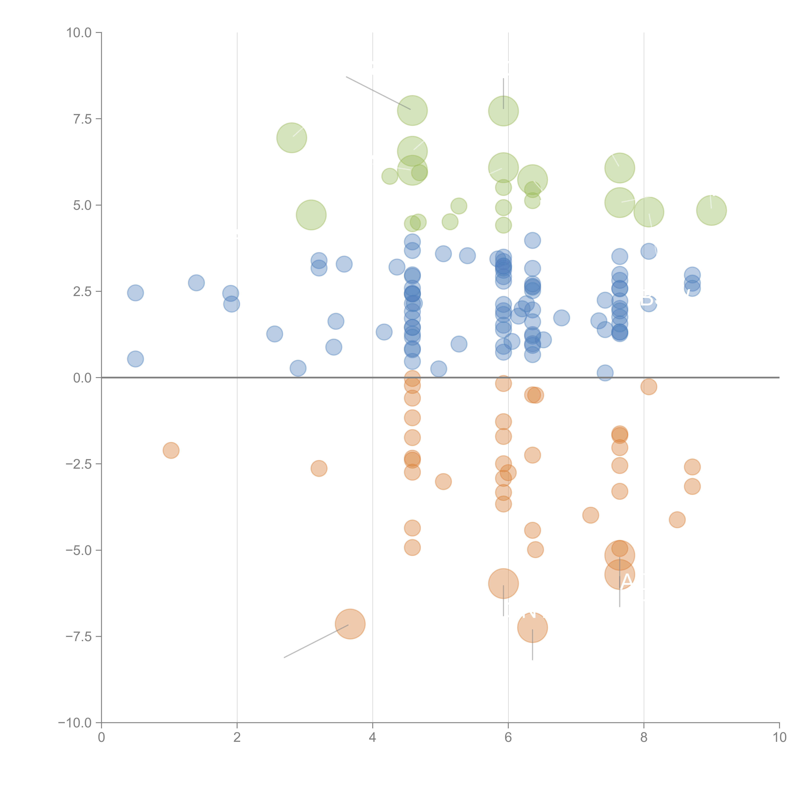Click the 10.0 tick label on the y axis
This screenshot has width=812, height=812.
[79, 33]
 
